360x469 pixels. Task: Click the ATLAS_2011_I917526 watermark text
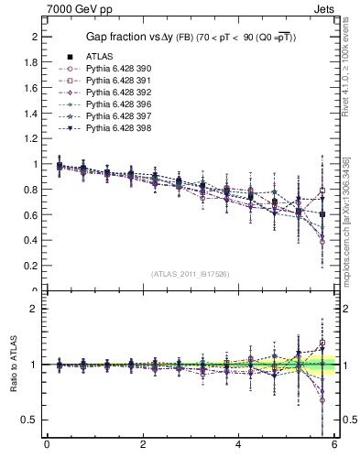190,274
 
